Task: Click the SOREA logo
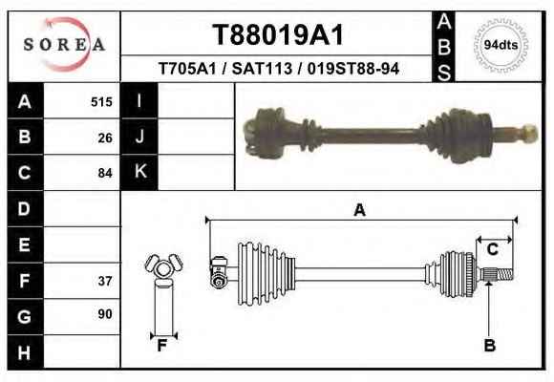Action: tap(64, 45)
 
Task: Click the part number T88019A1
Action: tap(278, 35)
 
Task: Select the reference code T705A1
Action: tap(187, 69)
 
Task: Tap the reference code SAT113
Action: tap(262, 69)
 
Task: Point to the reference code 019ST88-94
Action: tap(353, 69)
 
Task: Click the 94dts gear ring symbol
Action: tap(501, 45)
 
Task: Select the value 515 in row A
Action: tap(101, 102)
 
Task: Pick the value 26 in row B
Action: tap(105, 138)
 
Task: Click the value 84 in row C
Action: tap(105, 173)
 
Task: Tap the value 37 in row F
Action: tap(105, 281)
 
